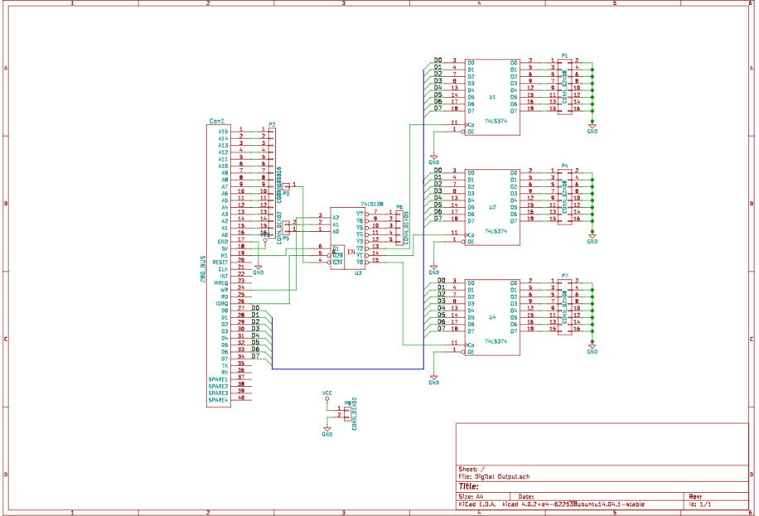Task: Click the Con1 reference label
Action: (216, 122)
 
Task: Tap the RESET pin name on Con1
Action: (220, 262)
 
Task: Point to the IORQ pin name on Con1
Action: (222, 303)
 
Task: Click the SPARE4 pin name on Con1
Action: (218, 400)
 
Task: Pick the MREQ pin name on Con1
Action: (221, 282)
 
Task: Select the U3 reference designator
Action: (358, 272)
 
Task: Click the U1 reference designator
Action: (492, 97)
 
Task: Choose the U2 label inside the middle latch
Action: (492, 207)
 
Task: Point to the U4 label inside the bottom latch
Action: (492, 317)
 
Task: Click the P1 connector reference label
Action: (564, 55)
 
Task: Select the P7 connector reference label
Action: (564, 275)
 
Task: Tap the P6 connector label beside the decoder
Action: (399, 207)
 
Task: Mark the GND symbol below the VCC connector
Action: (327, 432)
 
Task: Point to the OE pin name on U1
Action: (471, 131)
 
